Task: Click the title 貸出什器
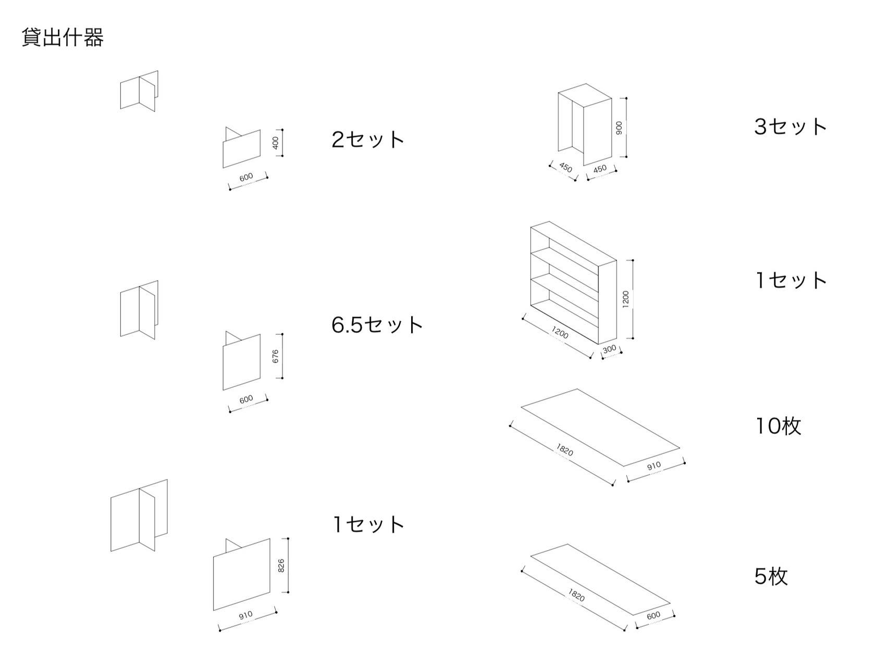[63, 37]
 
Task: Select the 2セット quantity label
[368, 139]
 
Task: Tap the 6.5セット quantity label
[377, 324]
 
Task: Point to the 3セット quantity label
[790, 127]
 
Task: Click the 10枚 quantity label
[778, 426]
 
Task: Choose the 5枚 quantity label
[771, 576]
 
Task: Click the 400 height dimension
[276, 143]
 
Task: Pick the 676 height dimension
[275, 356]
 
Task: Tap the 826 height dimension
[281, 565]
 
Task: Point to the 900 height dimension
[619, 128]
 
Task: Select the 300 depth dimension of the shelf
[609, 349]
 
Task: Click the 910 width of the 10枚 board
[653, 465]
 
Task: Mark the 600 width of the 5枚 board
[653, 615]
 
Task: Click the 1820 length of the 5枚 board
[576, 595]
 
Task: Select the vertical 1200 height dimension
[626, 299]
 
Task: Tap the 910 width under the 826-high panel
[245, 615]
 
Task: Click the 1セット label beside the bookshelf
[790, 280]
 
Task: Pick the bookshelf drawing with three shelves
[573, 282]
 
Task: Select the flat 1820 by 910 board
[600, 427]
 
